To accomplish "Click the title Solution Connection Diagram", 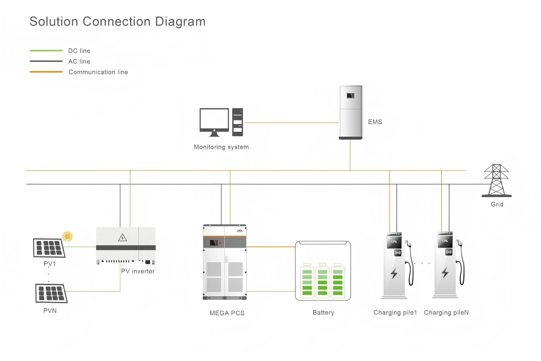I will coord(117,21).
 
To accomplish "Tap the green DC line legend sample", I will coord(46,51).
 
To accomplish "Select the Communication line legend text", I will coord(98,72).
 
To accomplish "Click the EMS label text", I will coord(375,122).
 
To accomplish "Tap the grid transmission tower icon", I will coord(496,180).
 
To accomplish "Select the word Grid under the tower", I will coord(497,204).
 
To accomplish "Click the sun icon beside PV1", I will coord(68,236).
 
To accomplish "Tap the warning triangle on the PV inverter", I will coord(122,237).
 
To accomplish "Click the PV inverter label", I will coord(138,271).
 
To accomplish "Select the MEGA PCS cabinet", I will coord(225,262).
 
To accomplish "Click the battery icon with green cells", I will coord(323,271).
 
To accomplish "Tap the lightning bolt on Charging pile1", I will coord(394,273).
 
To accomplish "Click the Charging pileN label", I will coord(446,312).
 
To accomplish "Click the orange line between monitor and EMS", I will coord(291,122).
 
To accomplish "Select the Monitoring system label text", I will coord(221,147).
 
